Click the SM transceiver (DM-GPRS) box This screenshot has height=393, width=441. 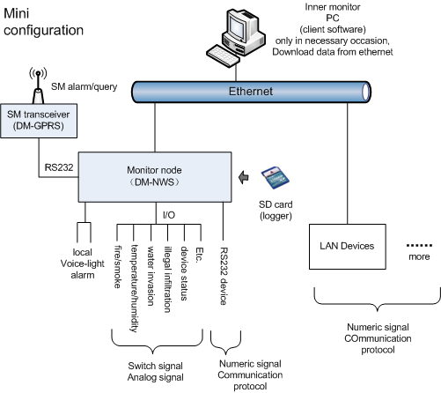[39, 121]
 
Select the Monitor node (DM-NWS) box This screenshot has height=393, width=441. [155, 177]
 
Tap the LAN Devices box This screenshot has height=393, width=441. [348, 247]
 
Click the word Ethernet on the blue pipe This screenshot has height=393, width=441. [251, 92]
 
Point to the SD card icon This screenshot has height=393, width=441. [275, 178]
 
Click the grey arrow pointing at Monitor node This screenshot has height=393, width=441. [244, 177]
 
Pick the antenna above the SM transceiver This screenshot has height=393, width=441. [38, 85]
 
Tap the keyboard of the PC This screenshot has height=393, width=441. [223, 56]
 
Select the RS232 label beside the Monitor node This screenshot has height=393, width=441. [59, 167]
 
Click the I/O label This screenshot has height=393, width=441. [169, 215]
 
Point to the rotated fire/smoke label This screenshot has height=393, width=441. [118, 266]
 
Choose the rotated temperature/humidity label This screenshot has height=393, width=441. [135, 288]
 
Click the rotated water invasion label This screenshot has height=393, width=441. [151, 276]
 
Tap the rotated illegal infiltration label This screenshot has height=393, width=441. [167, 279]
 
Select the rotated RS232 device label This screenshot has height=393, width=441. [224, 276]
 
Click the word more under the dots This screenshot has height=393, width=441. [419, 256]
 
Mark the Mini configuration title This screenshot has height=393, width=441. [43, 22]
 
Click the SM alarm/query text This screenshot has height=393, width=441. [84, 86]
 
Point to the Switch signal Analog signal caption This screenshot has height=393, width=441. [156, 372]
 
